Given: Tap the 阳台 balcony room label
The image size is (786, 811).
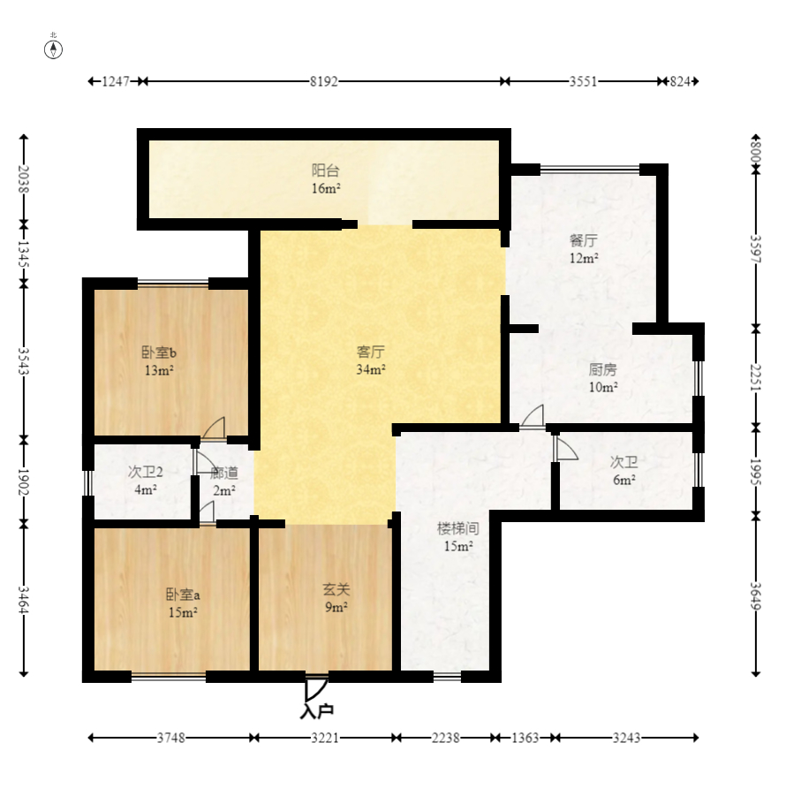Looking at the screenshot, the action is (x=325, y=171).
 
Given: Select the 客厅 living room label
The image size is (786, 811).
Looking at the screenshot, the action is (x=370, y=352).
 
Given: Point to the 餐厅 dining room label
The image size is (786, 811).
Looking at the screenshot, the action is (x=583, y=240).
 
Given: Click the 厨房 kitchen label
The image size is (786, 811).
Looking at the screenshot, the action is (x=602, y=369).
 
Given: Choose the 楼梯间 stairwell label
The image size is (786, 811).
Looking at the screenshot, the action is (x=458, y=528).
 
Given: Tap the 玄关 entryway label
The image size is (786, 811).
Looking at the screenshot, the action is (x=336, y=589).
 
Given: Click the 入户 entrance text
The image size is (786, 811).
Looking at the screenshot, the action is (x=316, y=712).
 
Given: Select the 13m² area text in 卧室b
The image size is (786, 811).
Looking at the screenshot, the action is (x=159, y=370).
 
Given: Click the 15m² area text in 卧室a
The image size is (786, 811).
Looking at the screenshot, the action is (x=183, y=612).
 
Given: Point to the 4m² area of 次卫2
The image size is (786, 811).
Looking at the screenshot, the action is (x=146, y=489).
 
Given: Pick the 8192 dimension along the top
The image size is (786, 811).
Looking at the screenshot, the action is (x=324, y=81).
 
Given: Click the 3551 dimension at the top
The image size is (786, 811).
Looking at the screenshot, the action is (x=583, y=81).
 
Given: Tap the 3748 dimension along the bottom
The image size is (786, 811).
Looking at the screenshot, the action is (x=171, y=738).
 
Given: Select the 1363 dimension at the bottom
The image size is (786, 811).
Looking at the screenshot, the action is (x=525, y=738).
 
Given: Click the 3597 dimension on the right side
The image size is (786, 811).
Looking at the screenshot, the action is (x=756, y=249).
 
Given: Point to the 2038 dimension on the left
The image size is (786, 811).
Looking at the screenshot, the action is (x=23, y=179).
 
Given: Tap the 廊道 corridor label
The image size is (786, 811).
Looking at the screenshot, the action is (x=224, y=473).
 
